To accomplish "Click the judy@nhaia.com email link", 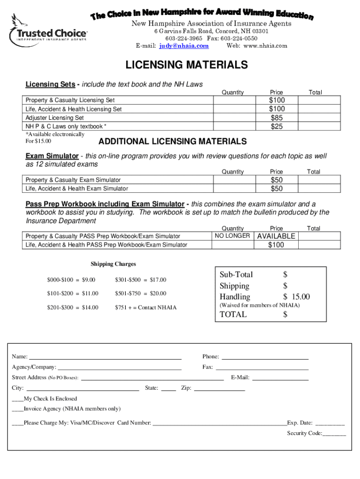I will point(184,46).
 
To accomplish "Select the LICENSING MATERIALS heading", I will point(186,65).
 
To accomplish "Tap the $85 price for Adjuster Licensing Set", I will point(276,118).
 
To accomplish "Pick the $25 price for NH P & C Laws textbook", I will point(276,126).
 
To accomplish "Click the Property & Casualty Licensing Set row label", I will point(70,100).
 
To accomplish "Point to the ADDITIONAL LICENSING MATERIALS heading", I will point(172,141).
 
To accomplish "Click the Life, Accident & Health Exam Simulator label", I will point(77,189).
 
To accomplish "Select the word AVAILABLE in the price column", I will point(276,236).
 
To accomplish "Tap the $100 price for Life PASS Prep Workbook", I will point(276,245).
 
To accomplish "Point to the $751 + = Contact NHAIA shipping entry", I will point(145,307).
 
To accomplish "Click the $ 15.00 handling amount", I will point(296,297).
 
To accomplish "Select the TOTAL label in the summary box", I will point(233,314).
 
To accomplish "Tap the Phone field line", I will point(265,357).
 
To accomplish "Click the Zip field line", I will point(219,389).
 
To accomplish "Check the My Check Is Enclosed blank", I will point(17,399).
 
